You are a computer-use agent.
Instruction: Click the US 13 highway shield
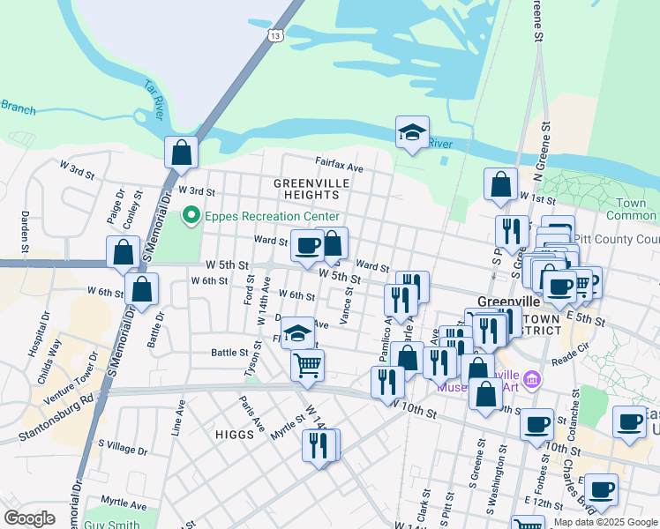tap(276, 35)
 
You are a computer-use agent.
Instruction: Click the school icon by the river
tap(412, 132)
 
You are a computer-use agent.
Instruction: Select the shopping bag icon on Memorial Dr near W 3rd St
tap(181, 152)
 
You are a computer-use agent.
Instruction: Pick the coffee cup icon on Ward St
tap(307, 246)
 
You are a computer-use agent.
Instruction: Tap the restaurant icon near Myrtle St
tap(319, 444)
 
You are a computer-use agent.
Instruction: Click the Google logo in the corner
tap(29, 518)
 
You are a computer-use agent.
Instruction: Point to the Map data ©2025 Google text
tap(605, 522)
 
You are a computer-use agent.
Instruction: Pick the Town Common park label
tap(632, 209)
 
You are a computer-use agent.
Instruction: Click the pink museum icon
tap(531, 380)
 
